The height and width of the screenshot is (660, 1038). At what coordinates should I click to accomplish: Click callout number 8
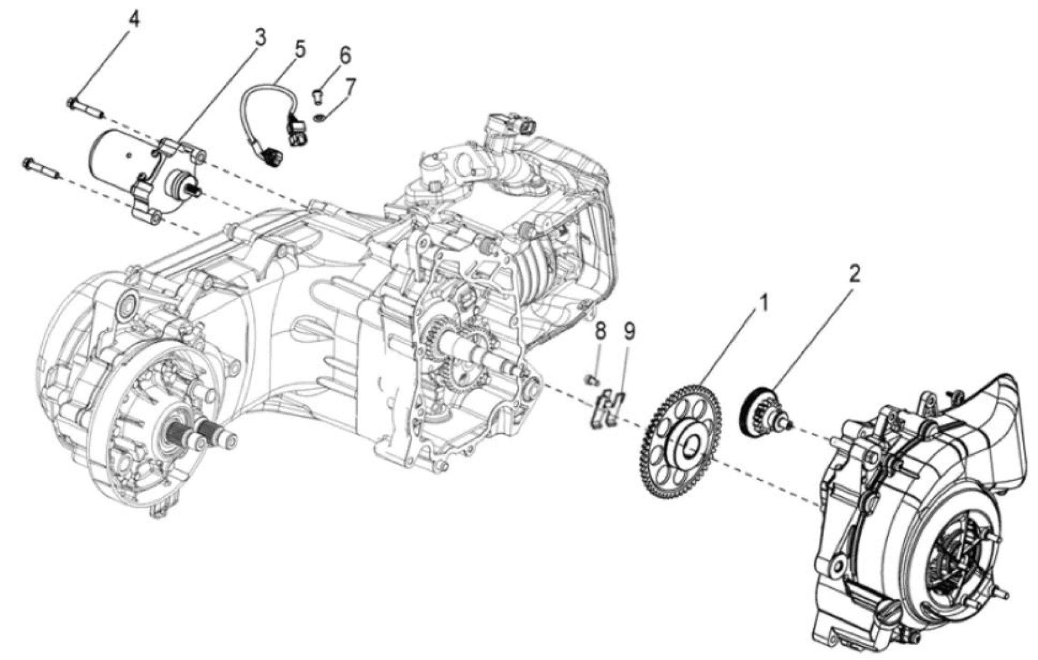tap(600, 331)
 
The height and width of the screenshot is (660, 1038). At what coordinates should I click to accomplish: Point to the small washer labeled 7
tap(320, 119)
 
